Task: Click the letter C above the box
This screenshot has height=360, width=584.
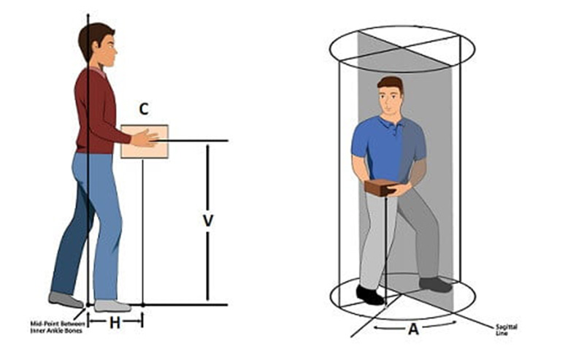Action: tap(144, 109)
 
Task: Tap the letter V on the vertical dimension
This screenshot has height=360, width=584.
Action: tap(208, 221)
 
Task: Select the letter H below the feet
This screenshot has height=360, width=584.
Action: tap(115, 323)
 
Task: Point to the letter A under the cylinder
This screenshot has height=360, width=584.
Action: tap(413, 329)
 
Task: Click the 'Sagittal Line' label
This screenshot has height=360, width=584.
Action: tap(506, 330)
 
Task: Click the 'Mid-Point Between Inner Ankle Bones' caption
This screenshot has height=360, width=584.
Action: tap(57, 327)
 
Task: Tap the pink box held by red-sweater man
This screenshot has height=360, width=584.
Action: tap(145, 142)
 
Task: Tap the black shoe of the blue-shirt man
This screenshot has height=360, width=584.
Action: tap(369, 295)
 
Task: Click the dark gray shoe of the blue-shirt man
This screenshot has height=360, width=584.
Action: tap(435, 285)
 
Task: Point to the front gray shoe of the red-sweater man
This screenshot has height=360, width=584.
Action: tap(112, 306)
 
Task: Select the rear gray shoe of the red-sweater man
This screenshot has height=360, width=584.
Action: tap(66, 299)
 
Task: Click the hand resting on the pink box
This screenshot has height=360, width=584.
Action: tap(145, 137)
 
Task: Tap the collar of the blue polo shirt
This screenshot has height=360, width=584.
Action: tap(391, 122)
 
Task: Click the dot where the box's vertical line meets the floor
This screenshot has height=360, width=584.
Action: tap(143, 305)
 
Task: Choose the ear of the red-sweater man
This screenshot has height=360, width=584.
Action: tap(96, 45)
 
